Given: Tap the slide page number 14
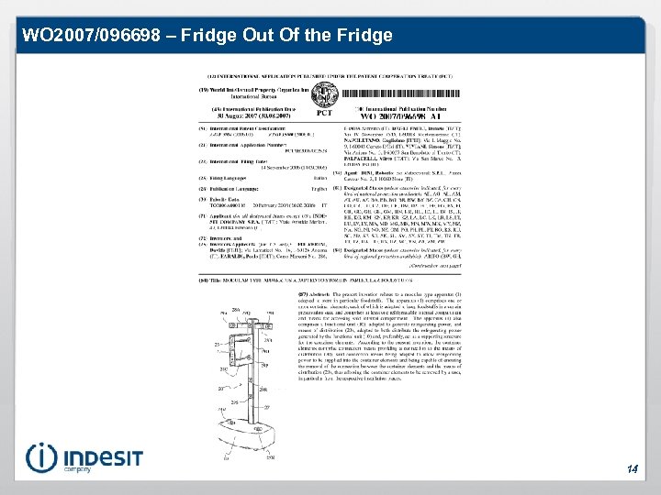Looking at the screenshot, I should point(633,469).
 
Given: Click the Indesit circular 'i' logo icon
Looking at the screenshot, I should point(42,457).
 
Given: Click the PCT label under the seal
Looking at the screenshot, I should point(324,113).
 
